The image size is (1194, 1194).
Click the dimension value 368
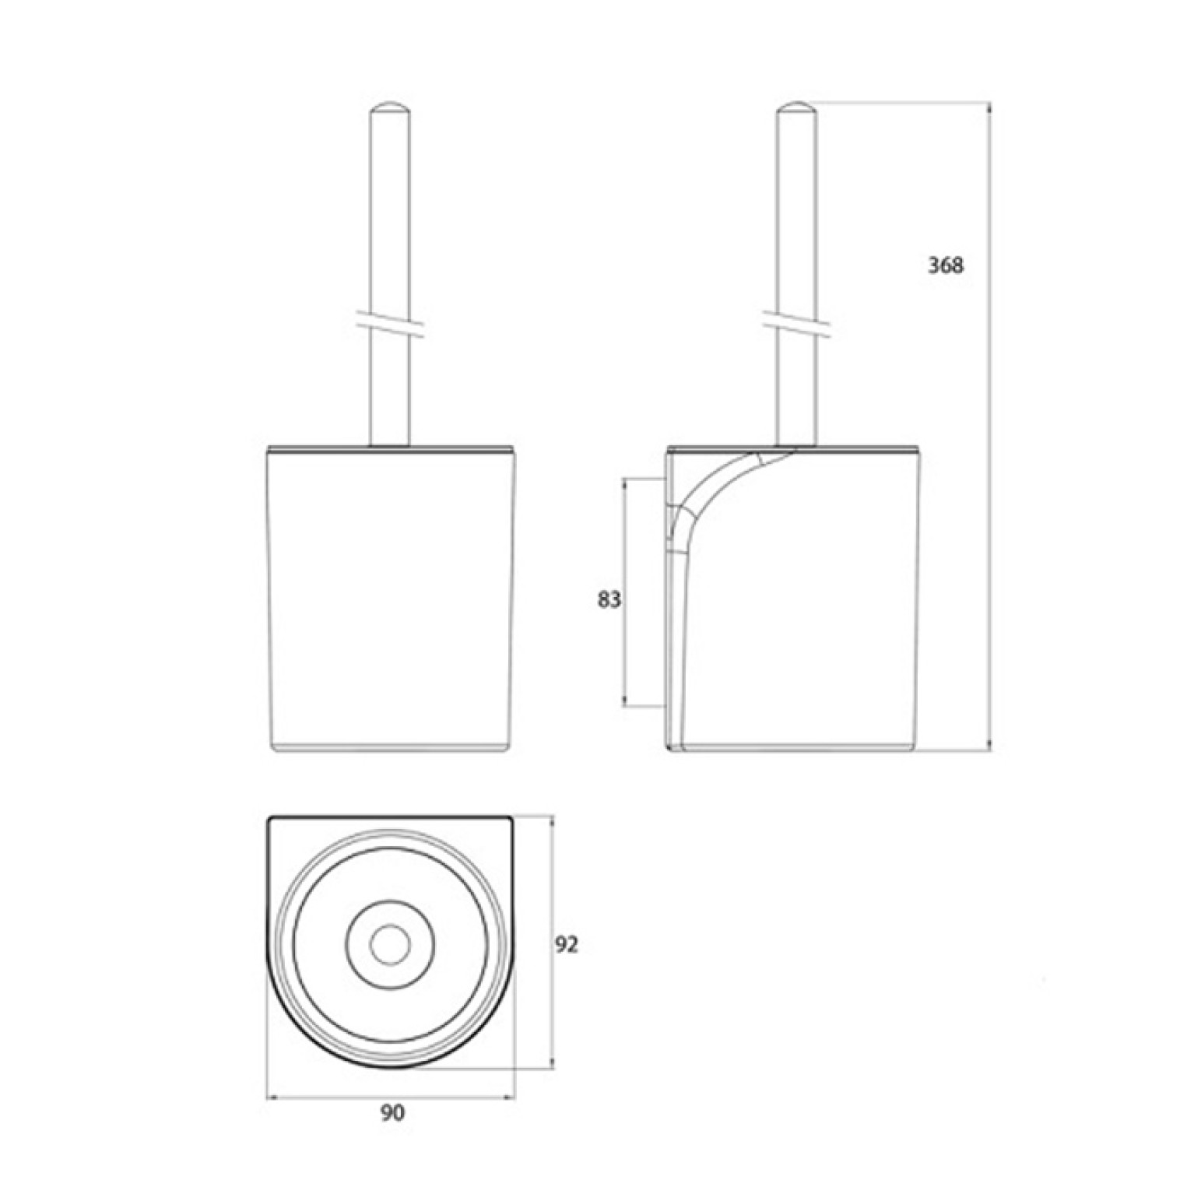[945, 265]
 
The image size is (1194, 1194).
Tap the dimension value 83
[609, 600]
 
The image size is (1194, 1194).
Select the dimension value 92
[567, 945]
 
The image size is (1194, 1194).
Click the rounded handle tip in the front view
[390, 109]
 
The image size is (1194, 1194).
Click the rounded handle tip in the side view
[796, 109]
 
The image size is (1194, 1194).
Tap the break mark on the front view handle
[390, 326]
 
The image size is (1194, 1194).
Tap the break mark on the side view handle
[796, 326]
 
